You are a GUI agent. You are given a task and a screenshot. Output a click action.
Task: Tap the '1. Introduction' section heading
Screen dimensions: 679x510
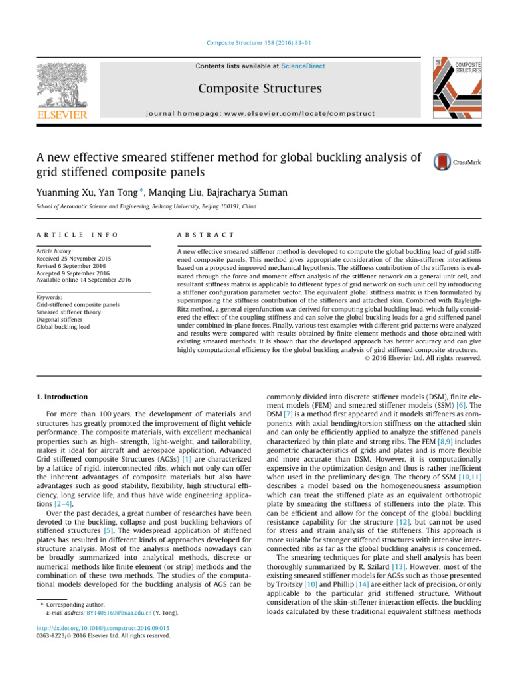61,397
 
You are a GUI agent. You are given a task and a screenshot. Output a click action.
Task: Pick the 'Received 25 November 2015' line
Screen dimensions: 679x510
74,258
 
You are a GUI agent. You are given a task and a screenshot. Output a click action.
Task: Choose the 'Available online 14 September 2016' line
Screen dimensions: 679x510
84,280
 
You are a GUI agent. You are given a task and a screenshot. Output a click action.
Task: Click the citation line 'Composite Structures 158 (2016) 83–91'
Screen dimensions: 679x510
255,43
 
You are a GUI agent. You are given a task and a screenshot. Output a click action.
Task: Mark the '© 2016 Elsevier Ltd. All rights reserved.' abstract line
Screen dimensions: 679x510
423,358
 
